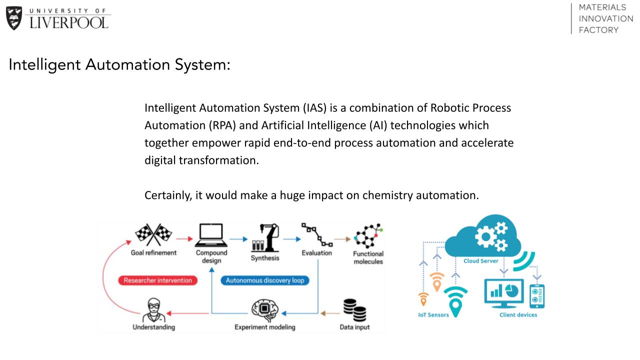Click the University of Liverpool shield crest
point(14,18)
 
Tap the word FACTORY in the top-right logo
point(598,30)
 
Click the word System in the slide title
point(202,64)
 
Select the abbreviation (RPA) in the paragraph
point(222,125)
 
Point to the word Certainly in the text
point(168,195)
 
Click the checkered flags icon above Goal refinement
point(153,235)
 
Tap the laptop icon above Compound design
point(211,235)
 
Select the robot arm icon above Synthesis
point(265,237)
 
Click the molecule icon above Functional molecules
point(368,236)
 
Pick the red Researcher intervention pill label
point(157,280)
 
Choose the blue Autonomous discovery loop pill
point(265,280)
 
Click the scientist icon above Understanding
point(153,310)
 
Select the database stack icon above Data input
point(354,310)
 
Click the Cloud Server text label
point(481,261)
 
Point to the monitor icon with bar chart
point(504,293)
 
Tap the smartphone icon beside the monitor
point(537,296)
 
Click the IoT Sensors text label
point(433,315)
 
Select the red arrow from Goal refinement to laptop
point(184,239)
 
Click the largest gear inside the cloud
point(485,236)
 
